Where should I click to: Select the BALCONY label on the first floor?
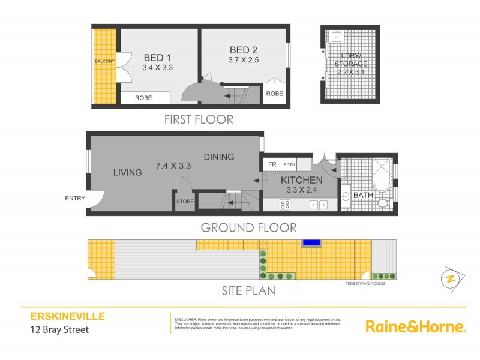tap(105, 61)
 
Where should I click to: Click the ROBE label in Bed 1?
tap(143, 98)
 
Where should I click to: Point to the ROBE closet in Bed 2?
tap(274, 94)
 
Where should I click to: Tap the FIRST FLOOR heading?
tap(199, 119)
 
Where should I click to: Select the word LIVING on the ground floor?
tap(127, 173)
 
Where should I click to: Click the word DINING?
tap(218, 157)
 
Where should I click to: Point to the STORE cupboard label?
tap(185, 202)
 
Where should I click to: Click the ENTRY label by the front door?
tap(75, 199)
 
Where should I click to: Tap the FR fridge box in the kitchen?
tap(272, 164)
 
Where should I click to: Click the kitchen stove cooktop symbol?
tap(286, 205)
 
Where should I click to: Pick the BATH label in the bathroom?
tap(363, 196)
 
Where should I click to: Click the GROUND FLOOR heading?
tap(248, 227)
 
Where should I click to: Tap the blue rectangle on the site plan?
tap(311, 242)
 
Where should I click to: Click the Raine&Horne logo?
tap(416, 327)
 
